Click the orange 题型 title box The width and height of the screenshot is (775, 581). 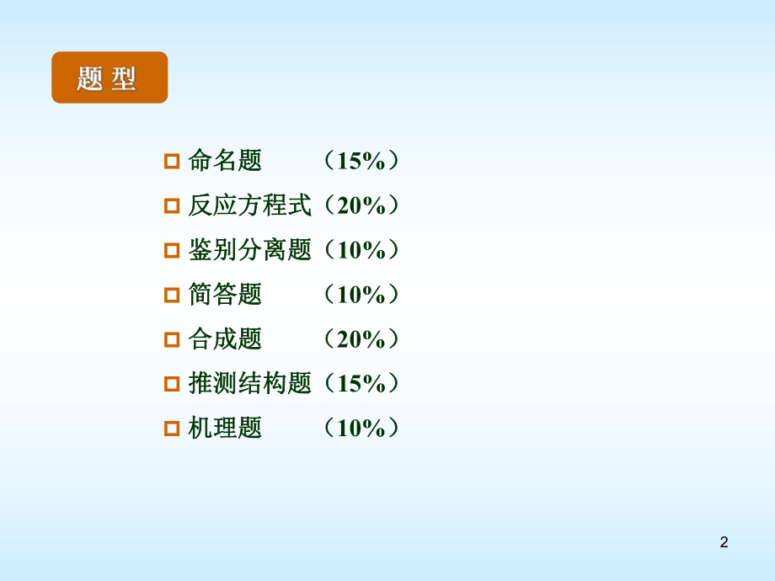[x=110, y=77]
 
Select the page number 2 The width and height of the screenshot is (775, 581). [x=724, y=542]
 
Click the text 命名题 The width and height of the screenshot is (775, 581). [x=225, y=160]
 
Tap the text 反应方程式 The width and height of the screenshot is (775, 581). [x=249, y=205]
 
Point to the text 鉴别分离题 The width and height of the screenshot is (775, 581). [x=249, y=249]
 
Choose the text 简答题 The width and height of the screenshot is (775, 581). [x=225, y=294]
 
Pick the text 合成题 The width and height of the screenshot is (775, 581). [x=225, y=338]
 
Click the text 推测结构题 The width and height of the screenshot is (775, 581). [x=249, y=383]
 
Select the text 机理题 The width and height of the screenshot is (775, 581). [x=225, y=428]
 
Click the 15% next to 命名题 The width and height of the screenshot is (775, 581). [x=361, y=160]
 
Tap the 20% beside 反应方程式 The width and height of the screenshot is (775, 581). [x=361, y=205]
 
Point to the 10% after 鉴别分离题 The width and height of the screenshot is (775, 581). [x=361, y=249]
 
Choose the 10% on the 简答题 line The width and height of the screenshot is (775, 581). [x=361, y=294]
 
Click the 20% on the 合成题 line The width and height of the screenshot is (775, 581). [x=361, y=338]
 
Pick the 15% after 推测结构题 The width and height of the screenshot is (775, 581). [x=361, y=383]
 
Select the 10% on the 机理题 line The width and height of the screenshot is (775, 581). [x=361, y=428]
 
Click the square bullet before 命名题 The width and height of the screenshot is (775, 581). [x=172, y=161]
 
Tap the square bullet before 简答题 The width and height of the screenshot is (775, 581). [x=172, y=295]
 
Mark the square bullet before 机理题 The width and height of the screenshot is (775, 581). [x=172, y=429]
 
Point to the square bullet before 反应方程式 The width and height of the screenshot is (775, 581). [x=172, y=205]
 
